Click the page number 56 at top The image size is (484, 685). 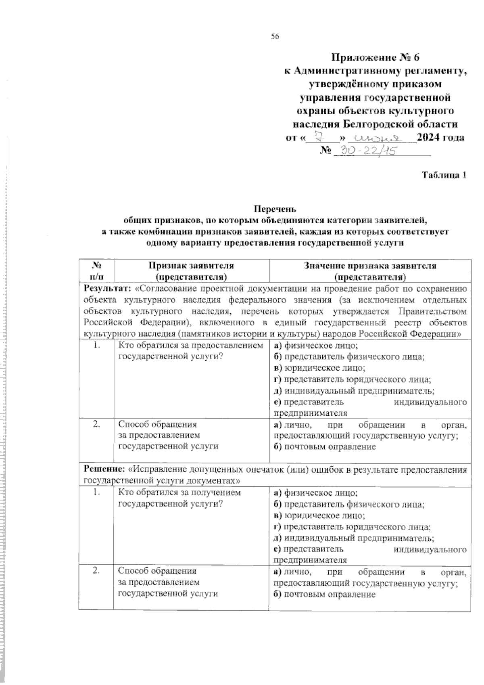(275, 37)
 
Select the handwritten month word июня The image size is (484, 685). (378, 138)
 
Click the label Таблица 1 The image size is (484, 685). (444, 175)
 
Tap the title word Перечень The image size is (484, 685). (275, 209)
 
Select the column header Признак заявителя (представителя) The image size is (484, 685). (191, 271)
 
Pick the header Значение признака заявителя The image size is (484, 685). (370, 266)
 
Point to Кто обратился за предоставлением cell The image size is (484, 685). (190, 346)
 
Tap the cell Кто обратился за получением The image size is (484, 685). (179, 493)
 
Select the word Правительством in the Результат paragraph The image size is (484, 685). (432, 312)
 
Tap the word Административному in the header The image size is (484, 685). (348, 71)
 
